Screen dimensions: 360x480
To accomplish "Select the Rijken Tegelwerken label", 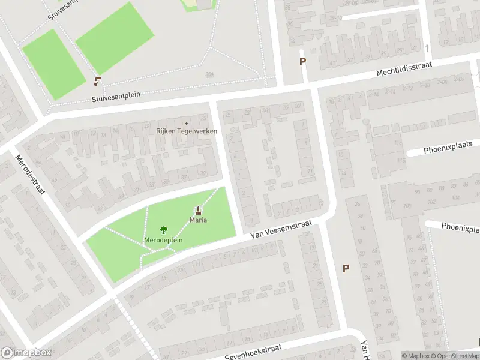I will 187,131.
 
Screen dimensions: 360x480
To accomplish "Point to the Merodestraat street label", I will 29,175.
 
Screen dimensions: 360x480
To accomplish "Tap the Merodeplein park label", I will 163,240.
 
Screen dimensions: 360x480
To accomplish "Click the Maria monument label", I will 199,220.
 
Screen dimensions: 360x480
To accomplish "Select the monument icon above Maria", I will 199,211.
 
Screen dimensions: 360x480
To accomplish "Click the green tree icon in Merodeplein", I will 163,230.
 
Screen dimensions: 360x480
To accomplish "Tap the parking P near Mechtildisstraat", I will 302,61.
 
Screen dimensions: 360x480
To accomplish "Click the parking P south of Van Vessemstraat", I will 345,268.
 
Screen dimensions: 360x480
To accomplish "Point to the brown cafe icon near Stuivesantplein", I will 97,81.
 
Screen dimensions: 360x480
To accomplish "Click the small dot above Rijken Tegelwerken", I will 187,124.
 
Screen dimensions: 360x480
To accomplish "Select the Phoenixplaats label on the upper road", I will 448,145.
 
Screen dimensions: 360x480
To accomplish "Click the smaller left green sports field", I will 54,64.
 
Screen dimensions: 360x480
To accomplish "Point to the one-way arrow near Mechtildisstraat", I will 427,47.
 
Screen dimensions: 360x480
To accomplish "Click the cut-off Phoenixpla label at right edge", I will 460,227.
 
